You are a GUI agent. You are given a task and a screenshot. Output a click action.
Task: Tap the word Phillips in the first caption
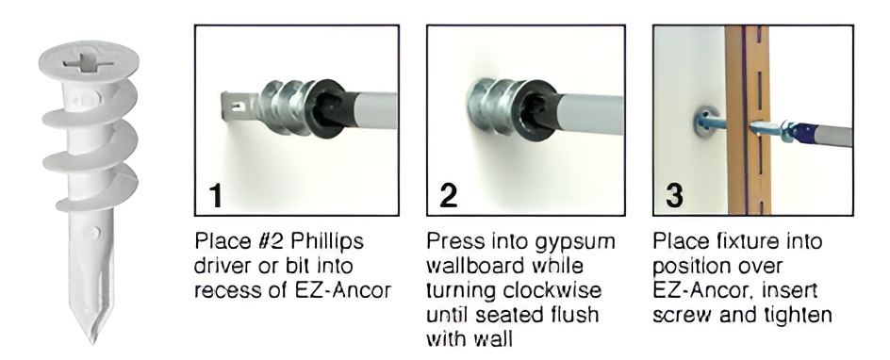(x=327, y=242)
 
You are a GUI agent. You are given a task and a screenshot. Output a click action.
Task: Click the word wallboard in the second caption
(x=473, y=266)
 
